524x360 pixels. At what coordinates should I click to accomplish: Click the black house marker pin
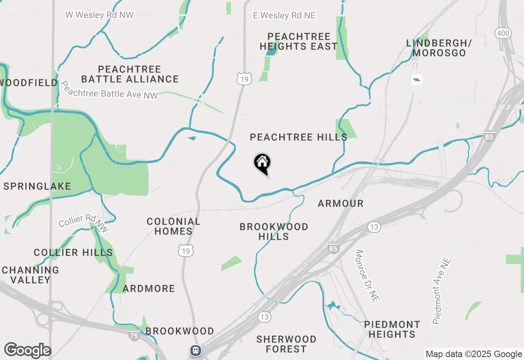pos(262,163)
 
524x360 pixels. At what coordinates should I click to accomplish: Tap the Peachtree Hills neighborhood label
pos(298,137)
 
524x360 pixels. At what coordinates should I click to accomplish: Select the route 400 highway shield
pos(503,33)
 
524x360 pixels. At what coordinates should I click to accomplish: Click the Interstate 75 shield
pos(134,336)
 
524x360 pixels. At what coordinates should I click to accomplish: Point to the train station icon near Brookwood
pos(196,351)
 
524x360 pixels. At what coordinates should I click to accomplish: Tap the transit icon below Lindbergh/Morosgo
pos(416,80)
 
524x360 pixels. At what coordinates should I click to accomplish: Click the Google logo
pos(27,351)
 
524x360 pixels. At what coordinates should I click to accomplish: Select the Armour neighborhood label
pos(341,203)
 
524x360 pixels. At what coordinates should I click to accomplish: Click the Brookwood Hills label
pos(274,232)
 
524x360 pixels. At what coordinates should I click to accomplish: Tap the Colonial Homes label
pos(174,226)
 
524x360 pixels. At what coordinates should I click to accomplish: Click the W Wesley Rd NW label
pos(99,15)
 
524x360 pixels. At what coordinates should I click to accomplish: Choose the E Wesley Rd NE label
pos(285,16)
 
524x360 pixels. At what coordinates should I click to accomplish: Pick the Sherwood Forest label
pos(286,344)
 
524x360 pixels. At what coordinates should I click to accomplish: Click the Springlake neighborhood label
pos(37,186)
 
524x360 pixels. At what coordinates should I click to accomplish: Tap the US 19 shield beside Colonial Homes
pos(185,251)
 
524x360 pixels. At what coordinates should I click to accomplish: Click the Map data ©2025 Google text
pos(474,354)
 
